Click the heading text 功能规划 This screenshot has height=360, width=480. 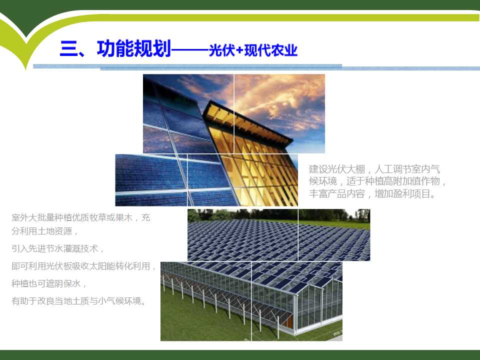click(134, 48)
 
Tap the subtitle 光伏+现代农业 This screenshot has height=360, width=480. click(253, 50)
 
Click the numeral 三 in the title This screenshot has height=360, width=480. click(69, 48)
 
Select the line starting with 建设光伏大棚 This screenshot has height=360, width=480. click(374, 169)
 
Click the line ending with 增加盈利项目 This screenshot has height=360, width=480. click(372, 194)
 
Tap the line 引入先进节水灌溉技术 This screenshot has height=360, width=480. click(57, 248)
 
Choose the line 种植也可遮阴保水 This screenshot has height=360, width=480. click(48, 283)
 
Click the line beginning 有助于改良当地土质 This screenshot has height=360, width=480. click(78, 301)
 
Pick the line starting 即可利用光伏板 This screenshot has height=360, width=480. click(83, 266)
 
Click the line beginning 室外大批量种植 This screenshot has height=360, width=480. click(81, 217)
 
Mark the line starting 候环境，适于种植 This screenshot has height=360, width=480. click(377, 181)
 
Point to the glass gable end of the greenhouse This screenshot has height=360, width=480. click(318, 306)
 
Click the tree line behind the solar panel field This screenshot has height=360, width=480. click(278, 214)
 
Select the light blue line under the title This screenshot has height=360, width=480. click(256, 67)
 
